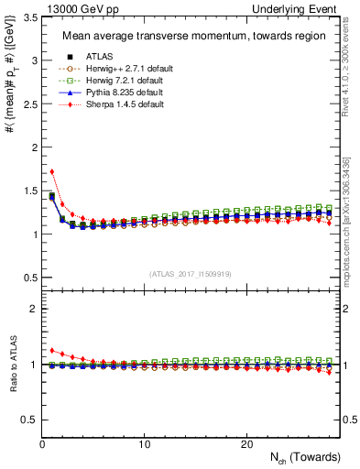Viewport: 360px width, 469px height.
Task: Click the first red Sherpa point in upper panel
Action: tap(52, 171)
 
